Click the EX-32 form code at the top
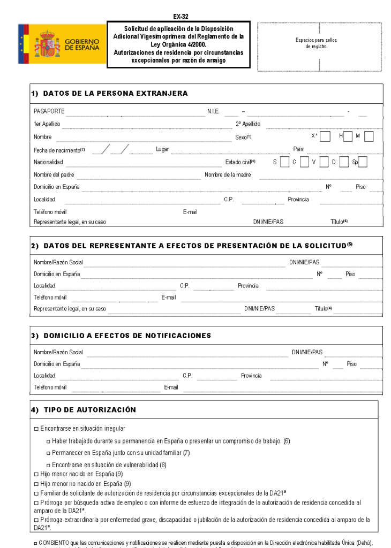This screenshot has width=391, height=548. (181, 17)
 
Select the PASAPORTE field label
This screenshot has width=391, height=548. (49, 111)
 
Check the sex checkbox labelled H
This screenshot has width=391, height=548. (348, 136)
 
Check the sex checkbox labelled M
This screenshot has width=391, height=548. (369, 136)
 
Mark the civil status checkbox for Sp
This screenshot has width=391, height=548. (363, 162)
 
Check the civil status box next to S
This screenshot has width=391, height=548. (284, 162)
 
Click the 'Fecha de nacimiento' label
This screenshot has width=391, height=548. (57, 150)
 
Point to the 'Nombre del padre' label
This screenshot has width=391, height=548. (54, 175)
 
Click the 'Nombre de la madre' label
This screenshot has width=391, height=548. (228, 175)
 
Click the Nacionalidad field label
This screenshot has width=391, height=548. (48, 162)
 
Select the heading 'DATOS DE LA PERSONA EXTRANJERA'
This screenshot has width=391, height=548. (115, 94)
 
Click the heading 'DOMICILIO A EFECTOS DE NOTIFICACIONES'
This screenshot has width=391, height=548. (127, 336)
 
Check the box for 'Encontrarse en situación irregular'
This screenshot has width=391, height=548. (36, 429)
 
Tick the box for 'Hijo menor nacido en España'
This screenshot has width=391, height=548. (36, 474)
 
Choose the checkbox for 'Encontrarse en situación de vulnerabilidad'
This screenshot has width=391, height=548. (48, 465)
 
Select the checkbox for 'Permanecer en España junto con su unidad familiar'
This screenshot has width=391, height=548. (48, 453)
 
